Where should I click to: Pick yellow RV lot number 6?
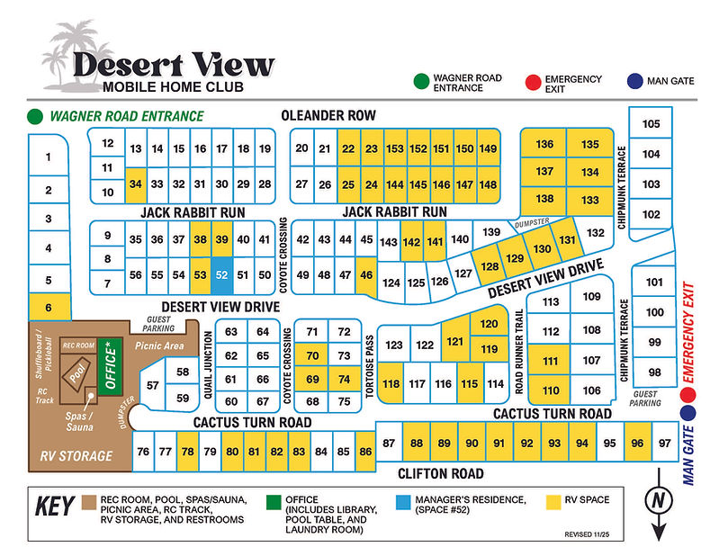coord(49,307)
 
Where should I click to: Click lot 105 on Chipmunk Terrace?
coord(651,123)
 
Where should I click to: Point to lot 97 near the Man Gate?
coord(665,443)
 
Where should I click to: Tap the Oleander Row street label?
coord(328,115)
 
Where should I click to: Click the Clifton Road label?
coord(441,473)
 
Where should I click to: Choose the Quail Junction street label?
coord(211,365)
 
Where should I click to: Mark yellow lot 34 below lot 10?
coord(136,184)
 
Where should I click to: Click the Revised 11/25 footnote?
coord(590,534)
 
